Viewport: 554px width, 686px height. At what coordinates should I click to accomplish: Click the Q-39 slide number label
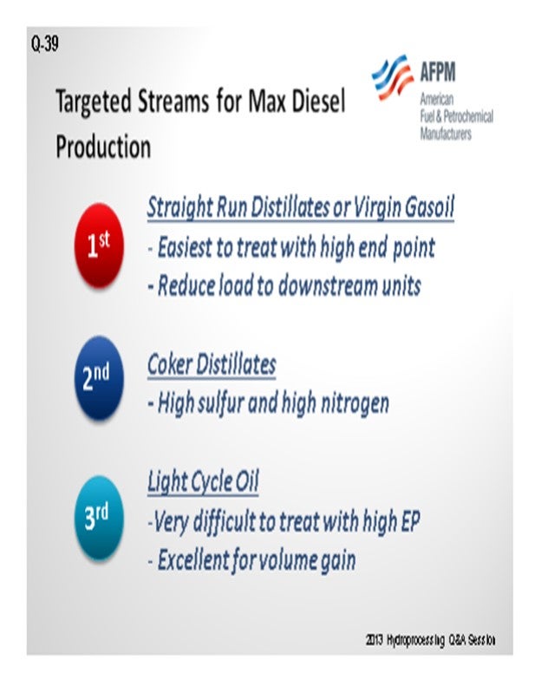(x=44, y=43)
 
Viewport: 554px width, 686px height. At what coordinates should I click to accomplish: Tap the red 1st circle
(x=99, y=245)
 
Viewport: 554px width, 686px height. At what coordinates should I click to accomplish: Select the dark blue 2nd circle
(x=99, y=378)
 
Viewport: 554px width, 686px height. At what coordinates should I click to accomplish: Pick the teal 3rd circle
(x=99, y=518)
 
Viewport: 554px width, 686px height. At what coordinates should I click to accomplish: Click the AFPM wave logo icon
(x=392, y=77)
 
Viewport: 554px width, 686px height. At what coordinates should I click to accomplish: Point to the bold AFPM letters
(x=438, y=71)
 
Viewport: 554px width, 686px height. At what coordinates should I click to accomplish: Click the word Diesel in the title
(x=318, y=101)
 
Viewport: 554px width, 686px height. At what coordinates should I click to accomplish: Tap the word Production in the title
(x=104, y=146)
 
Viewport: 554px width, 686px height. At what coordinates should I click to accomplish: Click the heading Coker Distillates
(x=212, y=363)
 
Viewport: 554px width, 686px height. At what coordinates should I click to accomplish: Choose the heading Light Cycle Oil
(x=203, y=481)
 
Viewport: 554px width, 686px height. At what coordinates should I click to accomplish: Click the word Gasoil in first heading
(x=429, y=207)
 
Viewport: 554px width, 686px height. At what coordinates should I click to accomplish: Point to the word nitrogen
(x=355, y=403)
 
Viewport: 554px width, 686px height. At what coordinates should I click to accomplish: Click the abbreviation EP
(x=410, y=520)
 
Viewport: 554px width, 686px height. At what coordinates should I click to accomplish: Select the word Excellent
(x=193, y=559)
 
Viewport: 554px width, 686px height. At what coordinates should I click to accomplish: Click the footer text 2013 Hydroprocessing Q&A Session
(x=431, y=640)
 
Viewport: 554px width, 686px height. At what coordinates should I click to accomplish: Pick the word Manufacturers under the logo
(x=446, y=133)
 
